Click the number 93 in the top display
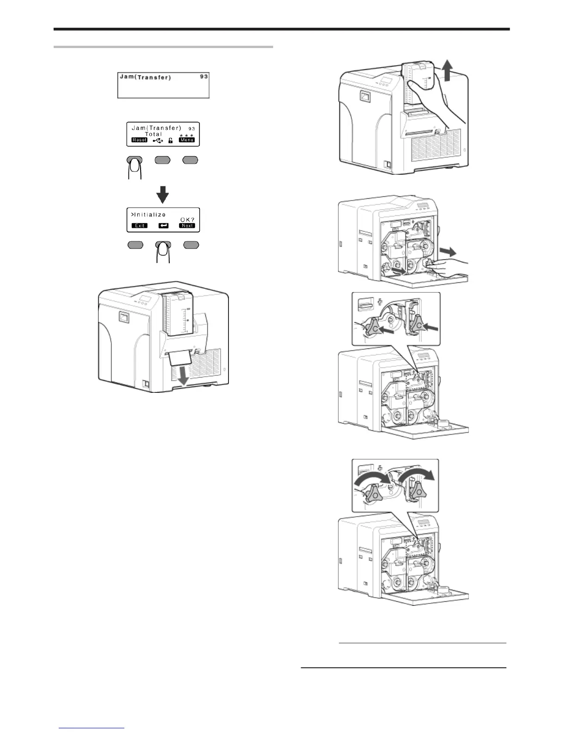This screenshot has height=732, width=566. (203, 77)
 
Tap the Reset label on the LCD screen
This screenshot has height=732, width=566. (139, 140)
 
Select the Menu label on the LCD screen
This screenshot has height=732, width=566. (187, 140)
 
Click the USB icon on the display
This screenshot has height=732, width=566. (158, 140)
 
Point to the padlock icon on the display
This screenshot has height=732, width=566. (171, 140)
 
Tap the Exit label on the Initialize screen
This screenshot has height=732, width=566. (140, 226)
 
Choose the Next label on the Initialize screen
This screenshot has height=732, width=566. (187, 226)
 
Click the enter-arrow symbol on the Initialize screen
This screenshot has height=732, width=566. (163, 226)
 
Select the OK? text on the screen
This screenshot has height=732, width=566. (188, 219)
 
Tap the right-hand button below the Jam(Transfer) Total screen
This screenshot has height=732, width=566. (191, 160)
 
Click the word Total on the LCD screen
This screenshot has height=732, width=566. (154, 134)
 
